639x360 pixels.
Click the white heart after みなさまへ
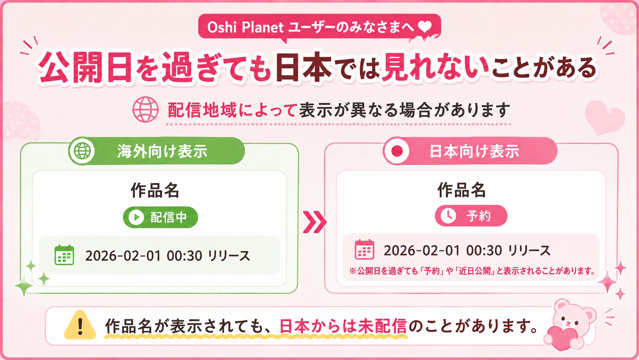425,27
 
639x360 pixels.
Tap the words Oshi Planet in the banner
245,28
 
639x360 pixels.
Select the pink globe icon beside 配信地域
145,109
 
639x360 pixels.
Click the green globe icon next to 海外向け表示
82,151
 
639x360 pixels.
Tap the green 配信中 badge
160,217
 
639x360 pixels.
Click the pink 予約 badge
471,215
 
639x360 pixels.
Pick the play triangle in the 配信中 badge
137,217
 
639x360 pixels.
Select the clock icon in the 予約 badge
448,215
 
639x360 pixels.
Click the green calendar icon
64,255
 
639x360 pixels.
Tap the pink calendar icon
364,249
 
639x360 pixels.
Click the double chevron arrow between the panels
314,222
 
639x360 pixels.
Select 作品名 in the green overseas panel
155,191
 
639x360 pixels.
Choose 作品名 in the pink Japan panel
461,189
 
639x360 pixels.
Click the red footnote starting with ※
472,270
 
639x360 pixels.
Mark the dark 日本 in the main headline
304,67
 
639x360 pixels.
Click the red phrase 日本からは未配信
343,326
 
